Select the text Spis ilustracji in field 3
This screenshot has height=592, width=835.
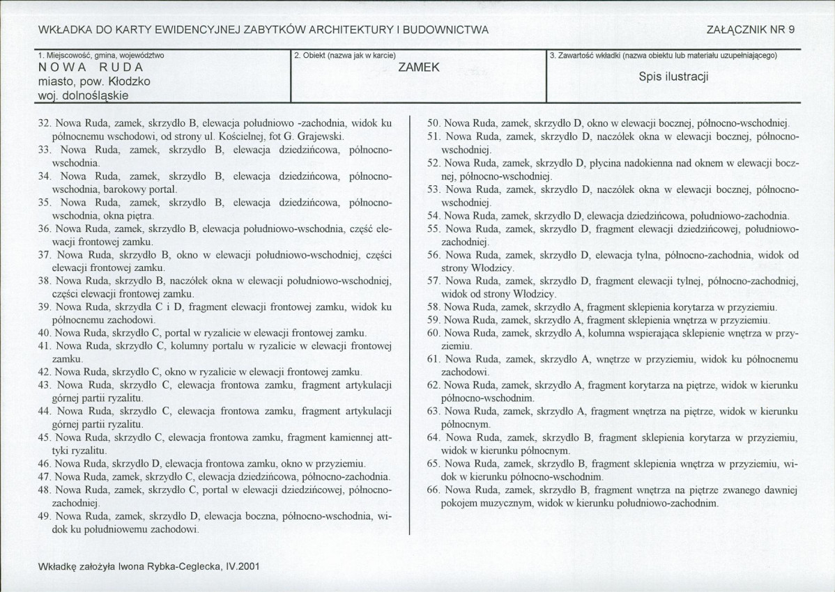point(673,77)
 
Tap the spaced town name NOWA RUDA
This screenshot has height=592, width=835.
point(91,68)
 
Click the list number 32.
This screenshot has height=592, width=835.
point(44,123)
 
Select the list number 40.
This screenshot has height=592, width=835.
point(44,333)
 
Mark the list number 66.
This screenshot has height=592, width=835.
point(435,490)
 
